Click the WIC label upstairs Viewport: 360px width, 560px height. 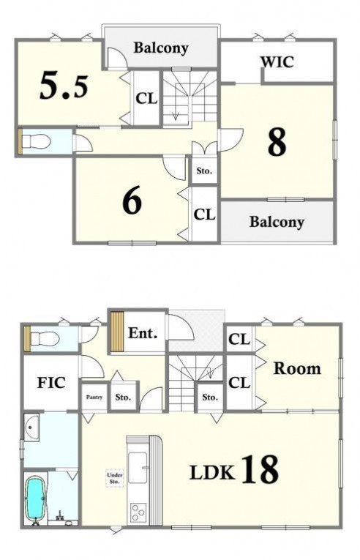coord(277,61)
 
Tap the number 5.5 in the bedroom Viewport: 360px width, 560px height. coord(64,86)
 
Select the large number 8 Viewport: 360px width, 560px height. coord(277,142)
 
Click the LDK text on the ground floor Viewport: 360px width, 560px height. coord(212,472)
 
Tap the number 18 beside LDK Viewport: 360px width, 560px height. coord(260,469)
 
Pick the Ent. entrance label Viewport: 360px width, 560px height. coord(143,333)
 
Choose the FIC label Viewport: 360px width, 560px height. coord(51,383)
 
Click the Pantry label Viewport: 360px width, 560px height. coord(94,397)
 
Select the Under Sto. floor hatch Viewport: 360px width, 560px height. coord(115,478)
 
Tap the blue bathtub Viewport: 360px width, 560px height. coord(35,498)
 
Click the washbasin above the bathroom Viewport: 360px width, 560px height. coord(31,427)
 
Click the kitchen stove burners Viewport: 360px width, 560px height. coord(138,513)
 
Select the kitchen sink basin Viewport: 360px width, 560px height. coord(138,466)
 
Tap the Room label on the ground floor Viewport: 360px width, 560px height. coord(297,368)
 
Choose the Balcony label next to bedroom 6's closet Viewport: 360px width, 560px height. coord(277,222)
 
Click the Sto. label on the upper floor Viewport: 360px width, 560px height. coord(204,171)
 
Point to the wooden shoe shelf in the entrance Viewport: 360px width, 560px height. coord(117,331)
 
